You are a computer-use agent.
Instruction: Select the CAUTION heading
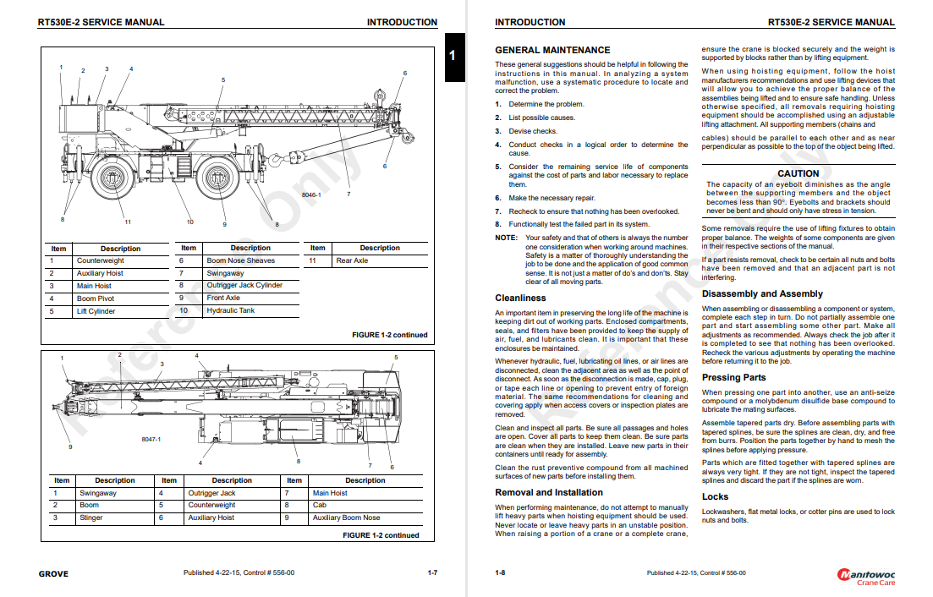click(799, 173)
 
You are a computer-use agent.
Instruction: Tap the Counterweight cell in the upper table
click(100, 261)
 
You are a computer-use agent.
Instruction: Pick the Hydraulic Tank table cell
click(230, 310)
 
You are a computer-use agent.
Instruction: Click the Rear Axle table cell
click(352, 260)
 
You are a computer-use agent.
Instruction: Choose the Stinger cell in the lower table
click(92, 518)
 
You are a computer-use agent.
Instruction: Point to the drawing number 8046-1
click(311, 195)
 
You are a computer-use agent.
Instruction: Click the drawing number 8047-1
click(151, 440)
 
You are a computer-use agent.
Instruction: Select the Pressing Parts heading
click(733, 377)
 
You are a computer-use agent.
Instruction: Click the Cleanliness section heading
click(520, 298)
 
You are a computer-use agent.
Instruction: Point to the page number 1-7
click(432, 573)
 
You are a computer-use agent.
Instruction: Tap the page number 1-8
click(500, 573)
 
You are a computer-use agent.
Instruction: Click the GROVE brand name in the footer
click(53, 573)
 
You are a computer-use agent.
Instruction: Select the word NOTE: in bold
click(506, 238)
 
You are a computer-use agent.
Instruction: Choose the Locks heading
click(715, 496)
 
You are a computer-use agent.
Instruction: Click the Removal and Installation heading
click(549, 492)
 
